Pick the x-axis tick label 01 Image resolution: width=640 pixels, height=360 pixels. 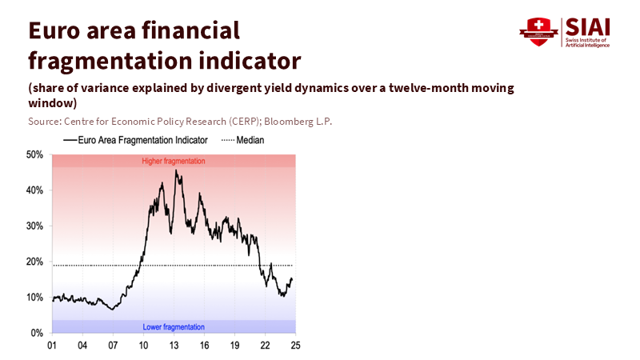(52, 346)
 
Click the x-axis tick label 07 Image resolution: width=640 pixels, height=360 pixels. (113, 346)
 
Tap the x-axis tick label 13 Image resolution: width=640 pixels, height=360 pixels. (174, 346)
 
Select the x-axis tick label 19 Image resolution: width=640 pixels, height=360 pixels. (234, 346)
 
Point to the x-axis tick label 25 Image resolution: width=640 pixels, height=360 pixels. (295, 346)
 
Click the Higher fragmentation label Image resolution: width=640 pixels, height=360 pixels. (174, 161)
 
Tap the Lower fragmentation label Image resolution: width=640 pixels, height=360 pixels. (174, 327)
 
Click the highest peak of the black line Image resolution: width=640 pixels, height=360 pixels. (176, 170)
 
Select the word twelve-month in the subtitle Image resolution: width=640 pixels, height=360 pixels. (413, 88)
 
